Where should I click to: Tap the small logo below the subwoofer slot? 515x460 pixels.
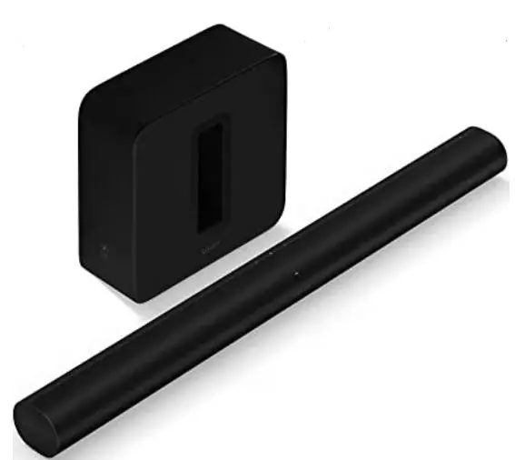pos(211,244)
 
